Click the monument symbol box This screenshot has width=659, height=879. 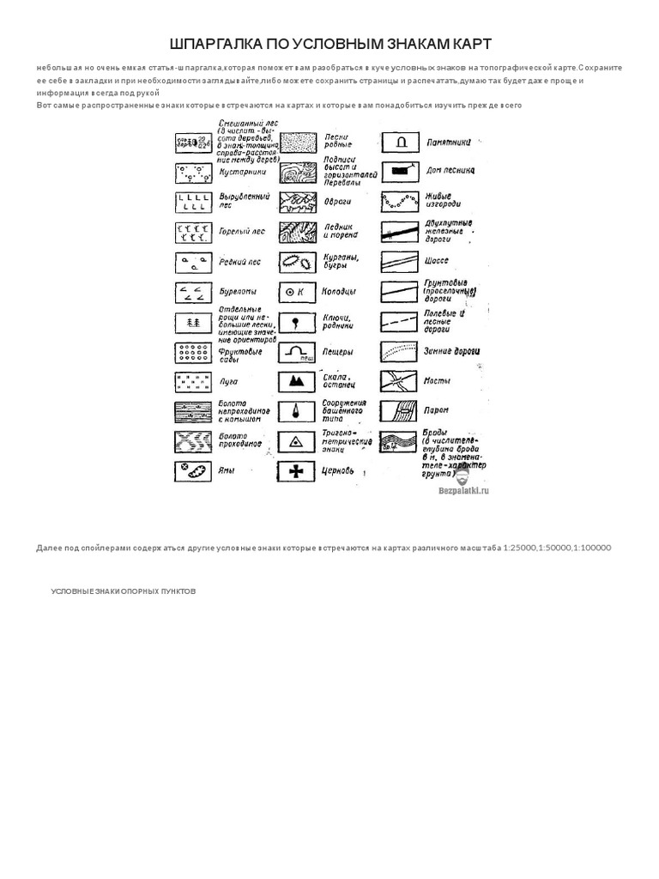pos(399,141)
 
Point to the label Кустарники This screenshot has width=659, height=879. pos(242,172)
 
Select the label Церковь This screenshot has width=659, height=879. pos(338,470)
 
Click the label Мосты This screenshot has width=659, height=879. pos(437,380)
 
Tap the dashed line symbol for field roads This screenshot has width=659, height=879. pos(399,321)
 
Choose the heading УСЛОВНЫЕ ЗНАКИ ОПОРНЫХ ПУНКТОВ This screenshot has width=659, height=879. pos(123,591)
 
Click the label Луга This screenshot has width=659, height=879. pos(228,381)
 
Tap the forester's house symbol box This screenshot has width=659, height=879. pos(399,171)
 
